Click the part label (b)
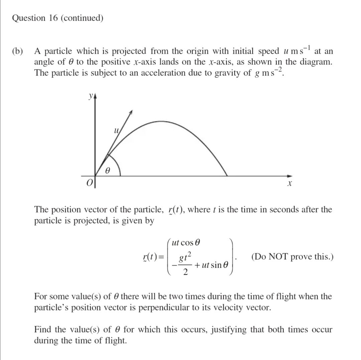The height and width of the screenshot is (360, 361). point(18,51)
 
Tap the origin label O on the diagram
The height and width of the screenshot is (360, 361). point(89,183)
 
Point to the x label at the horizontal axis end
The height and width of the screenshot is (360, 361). point(290,184)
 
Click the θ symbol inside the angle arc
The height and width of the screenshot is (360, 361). point(107,170)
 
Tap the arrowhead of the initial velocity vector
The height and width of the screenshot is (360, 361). point(132,112)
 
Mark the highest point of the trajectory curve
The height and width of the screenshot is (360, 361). point(161,121)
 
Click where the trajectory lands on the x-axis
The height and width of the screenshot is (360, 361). point(227,176)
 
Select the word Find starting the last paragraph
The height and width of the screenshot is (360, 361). point(43,330)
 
